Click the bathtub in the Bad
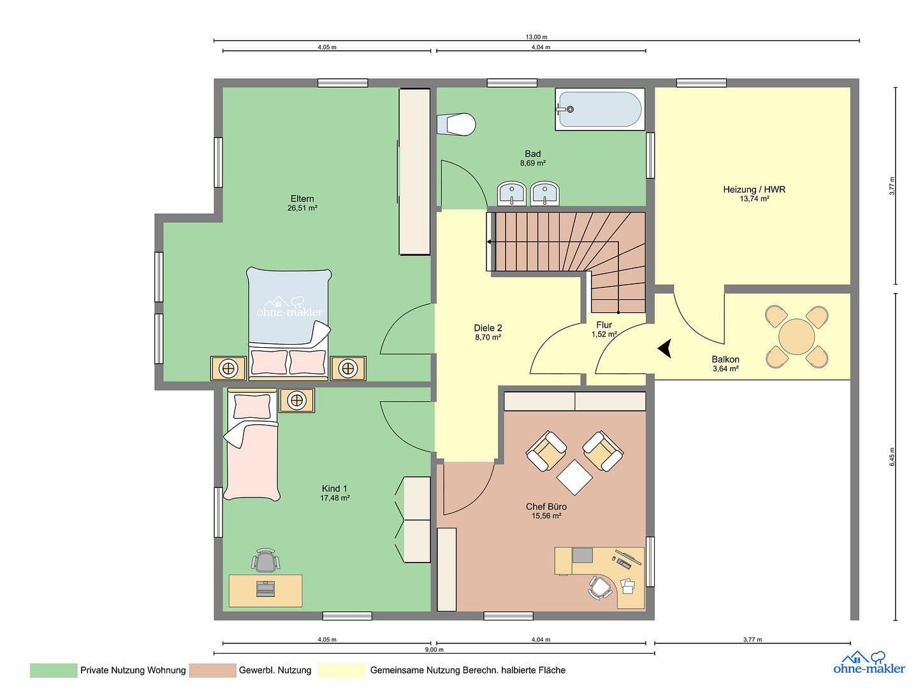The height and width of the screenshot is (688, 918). pyautogui.click(x=599, y=110)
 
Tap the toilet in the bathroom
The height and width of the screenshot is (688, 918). pyautogui.click(x=458, y=124)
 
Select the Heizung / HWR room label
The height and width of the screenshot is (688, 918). pyautogui.click(x=754, y=189)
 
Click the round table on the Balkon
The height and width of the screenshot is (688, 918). pyautogui.click(x=796, y=336)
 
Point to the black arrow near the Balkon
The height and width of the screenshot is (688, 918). pyautogui.click(x=666, y=348)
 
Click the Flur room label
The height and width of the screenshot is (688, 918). pyautogui.click(x=604, y=325)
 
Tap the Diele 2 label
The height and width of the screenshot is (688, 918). pyautogui.click(x=488, y=328)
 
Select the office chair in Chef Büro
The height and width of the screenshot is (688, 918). pyautogui.click(x=599, y=587)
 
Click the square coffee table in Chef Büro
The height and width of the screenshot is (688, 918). pyautogui.click(x=575, y=477)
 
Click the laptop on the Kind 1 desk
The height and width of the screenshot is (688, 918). pyautogui.click(x=266, y=588)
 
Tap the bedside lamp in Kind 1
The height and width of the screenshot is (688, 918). pyautogui.click(x=296, y=401)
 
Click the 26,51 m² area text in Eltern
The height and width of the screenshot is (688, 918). pyautogui.click(x=302, y=208)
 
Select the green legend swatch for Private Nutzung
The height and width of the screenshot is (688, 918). pyautogui.click(x=53, y=670)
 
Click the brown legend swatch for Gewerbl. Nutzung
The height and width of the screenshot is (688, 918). pyautogui.click(x=212, y=670)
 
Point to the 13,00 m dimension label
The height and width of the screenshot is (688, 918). pyautogui.click(x=536, y=37)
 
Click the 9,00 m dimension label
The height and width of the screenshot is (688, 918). pyautogui.click(x=433, y=650)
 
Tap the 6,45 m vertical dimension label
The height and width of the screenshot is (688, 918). pyautogui.click(x=892, y=456)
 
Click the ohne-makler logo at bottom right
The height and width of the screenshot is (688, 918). pyautogui.click(x=868, y=663)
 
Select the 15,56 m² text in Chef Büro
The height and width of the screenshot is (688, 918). pyautogui.click(x=546, y=516)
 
